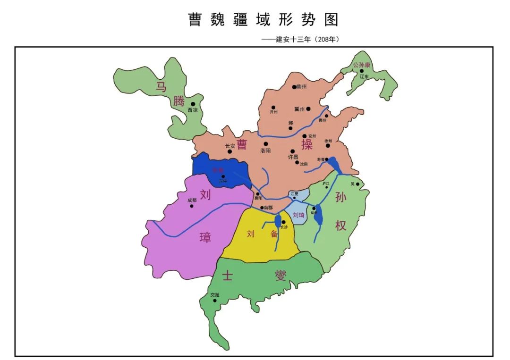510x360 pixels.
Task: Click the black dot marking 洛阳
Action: [x=265, y=143]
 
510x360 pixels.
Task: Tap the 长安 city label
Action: [x=230, y=146]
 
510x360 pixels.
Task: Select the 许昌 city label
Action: [x=293, y=157]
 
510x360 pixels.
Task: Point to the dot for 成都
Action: [x=192, y=206]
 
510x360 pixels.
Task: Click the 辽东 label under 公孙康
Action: [x=364, y=76]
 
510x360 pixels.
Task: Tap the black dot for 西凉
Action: [x=193, y=104]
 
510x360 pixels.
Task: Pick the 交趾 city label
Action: [x=215, y=295]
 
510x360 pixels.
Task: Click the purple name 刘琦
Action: [x=298, y=215]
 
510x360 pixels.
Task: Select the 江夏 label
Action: [x=295, y=193]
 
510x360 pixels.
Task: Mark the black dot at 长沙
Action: [x=283, y=222]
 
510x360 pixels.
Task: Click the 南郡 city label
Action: [x=268, y=208]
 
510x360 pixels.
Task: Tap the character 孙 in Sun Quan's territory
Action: [x=341, y=197]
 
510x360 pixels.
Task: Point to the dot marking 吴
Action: [x=357, y=184]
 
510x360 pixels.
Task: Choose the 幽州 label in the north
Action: [x=301, y=87]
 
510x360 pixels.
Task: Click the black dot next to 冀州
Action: [x=308, y=109]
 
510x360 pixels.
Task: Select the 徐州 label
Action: [x=329, y=141]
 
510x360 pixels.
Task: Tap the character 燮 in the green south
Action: [x=281, y=275]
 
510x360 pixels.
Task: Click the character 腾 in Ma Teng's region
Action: [x=178, y=101]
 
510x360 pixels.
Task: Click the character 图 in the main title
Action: [x=331, y=19]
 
